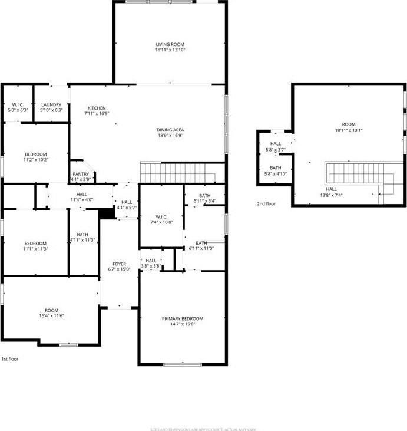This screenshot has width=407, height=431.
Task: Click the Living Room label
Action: (x=170, y=44)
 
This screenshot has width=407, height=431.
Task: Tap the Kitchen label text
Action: (x=97, y=108)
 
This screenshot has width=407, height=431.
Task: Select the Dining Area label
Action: (x=170, y=130)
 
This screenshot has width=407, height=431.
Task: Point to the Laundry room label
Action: (x=51, y=105)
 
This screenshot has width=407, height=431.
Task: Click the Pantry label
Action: (x=80, y=174)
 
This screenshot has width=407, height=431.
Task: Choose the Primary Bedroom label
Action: (x=183, y=318)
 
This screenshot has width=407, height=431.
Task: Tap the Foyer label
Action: (x=120, y=264)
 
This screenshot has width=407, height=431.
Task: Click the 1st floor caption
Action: (x=9, y=358)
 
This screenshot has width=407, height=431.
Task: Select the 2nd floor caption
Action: (x=266, y=203)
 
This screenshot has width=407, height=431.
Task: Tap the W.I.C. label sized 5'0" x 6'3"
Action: (x=17, y=105)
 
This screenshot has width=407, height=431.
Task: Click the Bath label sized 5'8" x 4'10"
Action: (x=276, y=167)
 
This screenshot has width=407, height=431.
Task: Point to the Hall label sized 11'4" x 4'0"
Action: (x=81, y=194)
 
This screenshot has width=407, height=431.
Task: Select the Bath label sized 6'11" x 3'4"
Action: (x=204, y=195)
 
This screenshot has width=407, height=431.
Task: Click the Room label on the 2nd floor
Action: (x=349, y=124)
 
